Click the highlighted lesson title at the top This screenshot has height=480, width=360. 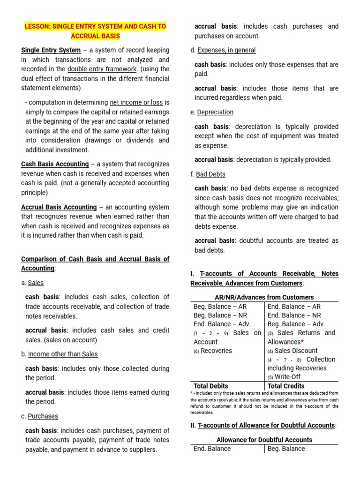(95, 31)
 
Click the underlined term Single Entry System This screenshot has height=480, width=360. (51, 50)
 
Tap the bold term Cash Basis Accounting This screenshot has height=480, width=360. (55, 164)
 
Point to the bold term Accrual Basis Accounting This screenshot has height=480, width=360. (59, 207)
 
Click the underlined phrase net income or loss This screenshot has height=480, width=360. (136, 102)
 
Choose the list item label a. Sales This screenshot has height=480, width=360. (32, 283)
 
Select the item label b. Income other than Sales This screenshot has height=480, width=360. (59, 354)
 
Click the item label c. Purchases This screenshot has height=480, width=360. (39, 416)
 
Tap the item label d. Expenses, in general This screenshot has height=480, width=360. (223, 50)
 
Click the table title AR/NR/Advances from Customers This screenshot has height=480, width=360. (264, 297)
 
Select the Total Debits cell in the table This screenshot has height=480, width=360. (211, 386)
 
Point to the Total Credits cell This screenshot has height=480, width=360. (286, 386)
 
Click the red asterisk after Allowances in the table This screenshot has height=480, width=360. (302, 342)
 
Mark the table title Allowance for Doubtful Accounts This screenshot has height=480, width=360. (264, 440)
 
